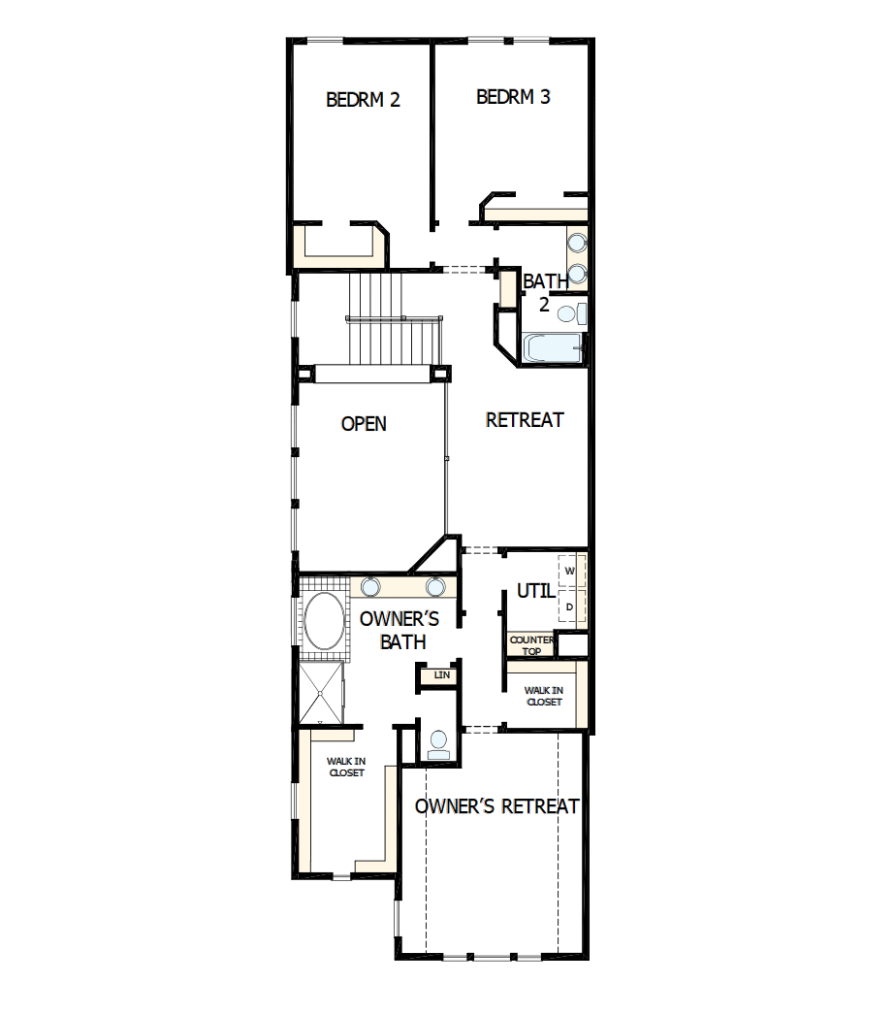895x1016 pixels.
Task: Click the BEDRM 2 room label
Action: click(x=364, y=99)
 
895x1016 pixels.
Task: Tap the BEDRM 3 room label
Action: click(x=514, y=97)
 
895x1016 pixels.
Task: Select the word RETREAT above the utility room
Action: click(x=525, y=420)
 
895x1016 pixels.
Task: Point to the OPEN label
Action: click(x=364, y=424)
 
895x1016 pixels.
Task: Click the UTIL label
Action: click(x=535, y=591)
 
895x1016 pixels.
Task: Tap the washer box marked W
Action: click(x=570, y=571)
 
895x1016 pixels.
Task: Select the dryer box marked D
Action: click(x=570, y=607)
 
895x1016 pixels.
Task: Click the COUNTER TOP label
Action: click(x=531, y=645)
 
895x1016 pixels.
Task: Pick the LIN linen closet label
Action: click(x=442, y=674)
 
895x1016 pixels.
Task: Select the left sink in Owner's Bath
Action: click(x=370, y=586)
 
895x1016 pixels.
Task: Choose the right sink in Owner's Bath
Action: click(x=435, y=586)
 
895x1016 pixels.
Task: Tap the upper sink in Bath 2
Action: click(x=577, y=243)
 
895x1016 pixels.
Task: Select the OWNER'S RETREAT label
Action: click(x=497, y=806)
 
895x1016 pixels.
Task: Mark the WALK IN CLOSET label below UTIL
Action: click(x=543, y=696)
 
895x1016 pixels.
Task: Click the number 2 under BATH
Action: click(x=544, y=305)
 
